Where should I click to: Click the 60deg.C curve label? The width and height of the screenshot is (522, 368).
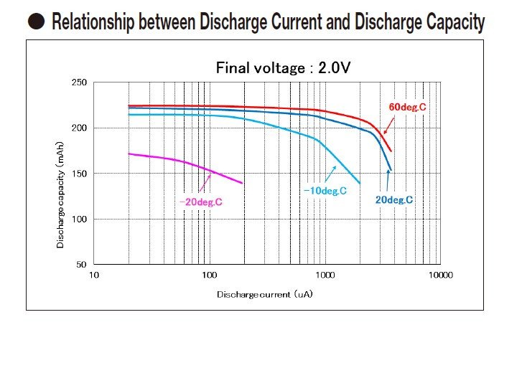tap(406, 107)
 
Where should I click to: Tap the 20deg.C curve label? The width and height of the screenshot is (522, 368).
tap(393, 199)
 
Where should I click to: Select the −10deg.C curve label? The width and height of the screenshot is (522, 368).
tap(325, 191)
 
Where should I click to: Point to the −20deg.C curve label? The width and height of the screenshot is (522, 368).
tap(200, 202)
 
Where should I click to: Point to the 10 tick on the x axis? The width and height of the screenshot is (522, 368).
tap(94, 275)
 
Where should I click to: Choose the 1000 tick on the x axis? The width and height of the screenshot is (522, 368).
tap(325, 275)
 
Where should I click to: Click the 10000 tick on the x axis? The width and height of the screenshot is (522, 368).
tap(441, 275)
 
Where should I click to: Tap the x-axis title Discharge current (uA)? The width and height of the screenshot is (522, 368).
tap(265, 294)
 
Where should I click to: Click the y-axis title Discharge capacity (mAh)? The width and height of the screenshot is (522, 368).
tap(61, 194)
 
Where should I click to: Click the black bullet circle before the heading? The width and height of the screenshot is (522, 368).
tap(36, 22)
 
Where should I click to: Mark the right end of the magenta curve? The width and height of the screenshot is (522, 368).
tap(242, 183)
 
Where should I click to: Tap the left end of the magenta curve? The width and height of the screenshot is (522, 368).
tap(129, 154)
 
